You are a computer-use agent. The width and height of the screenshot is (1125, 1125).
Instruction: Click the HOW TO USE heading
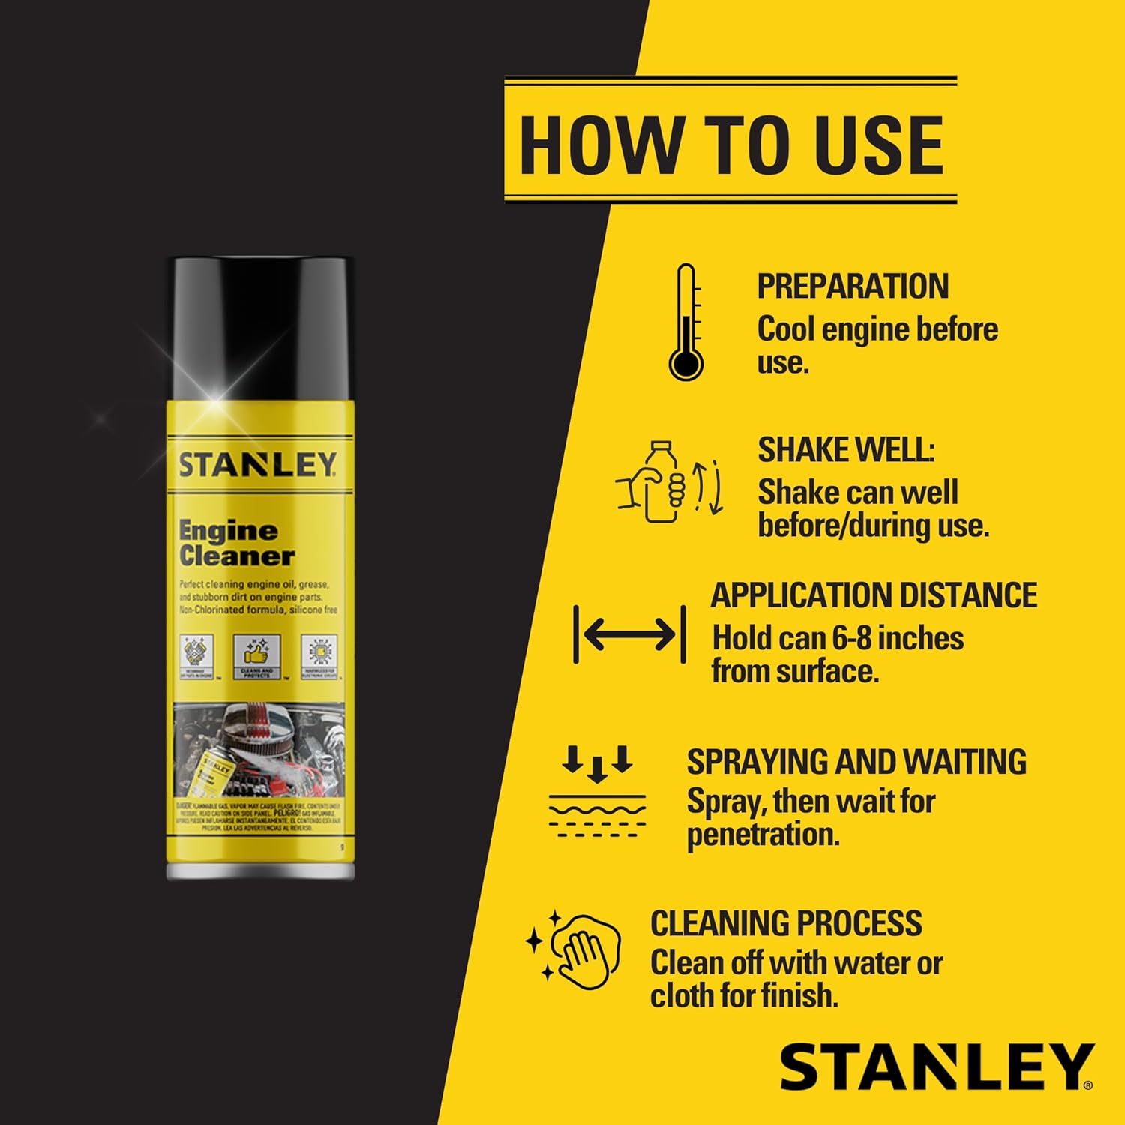[730, 144]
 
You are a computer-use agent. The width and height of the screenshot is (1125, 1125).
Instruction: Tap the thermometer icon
[686, 322]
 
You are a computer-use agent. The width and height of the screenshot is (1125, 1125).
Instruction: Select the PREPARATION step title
[852, 286]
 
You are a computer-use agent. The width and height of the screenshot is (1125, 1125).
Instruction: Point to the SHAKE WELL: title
[846, 450]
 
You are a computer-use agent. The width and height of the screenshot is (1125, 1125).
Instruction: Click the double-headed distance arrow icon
[629, 635]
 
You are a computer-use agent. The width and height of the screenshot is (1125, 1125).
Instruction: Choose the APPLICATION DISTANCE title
[874, 595]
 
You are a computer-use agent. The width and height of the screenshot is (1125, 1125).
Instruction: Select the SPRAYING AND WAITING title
[856, 762]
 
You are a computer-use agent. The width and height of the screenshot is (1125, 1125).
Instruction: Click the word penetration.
[763, 835]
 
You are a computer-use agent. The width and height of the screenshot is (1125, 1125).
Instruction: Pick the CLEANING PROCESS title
[786, 923]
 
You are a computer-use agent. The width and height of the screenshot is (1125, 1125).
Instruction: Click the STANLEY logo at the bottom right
[936, 1066]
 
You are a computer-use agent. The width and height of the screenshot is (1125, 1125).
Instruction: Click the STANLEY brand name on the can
[257, 465]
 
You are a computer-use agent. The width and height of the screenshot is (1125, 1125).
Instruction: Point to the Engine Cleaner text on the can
[236, 544]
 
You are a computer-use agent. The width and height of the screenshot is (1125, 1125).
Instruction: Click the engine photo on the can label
[259, 750]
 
